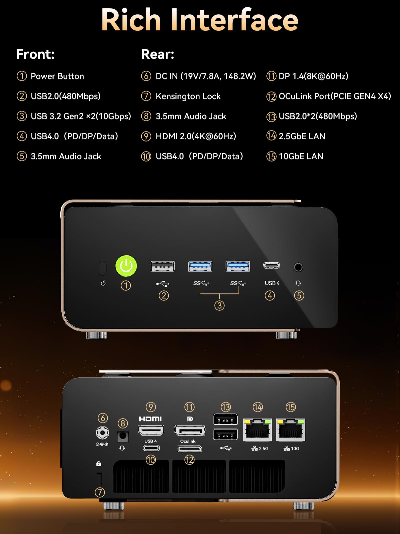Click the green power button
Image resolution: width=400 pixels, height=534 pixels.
(x=126, y=266)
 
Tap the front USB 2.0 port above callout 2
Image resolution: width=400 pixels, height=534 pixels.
(x=162, y=266)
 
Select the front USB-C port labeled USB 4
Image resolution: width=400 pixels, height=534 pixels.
(x=272, y=265)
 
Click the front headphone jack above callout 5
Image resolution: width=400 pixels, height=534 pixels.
(x=298, y=267)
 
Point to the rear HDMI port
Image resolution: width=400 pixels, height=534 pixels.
(x=151, y=430)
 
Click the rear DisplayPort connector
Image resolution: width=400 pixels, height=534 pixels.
(x=190, y=430)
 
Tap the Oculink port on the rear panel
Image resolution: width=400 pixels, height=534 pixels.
(x=190, y=448)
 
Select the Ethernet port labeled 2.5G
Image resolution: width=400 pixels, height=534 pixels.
(x=257, y=430)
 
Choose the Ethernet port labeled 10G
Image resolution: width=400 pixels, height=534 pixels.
(x=290, y=430)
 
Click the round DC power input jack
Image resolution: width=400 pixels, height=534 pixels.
(x=102, y=433)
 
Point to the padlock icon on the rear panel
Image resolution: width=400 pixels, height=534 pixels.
(x=99, y=464)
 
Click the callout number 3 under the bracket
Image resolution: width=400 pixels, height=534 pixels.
(x=219, y=306)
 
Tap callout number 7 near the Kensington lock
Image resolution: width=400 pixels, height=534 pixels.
(x=100, y=492)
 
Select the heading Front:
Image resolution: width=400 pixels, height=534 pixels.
(x=35, y=54)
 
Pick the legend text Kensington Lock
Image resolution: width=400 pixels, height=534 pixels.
(x=188, y=96)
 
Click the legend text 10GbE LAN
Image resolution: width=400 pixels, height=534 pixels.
(x=301, y=156)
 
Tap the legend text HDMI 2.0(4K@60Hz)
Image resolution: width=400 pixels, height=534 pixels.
(x=196, y=136)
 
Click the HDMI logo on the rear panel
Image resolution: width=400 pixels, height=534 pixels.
(x=150, y=419)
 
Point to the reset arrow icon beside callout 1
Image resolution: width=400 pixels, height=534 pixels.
(x=103, y=283)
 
